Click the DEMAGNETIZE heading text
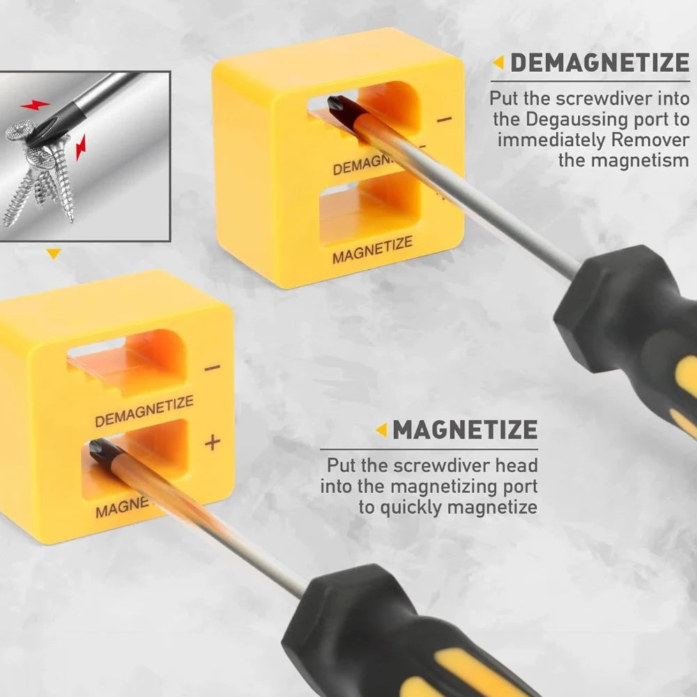point(599,63)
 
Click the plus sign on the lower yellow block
point(213,442)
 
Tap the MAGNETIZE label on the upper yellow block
point(372,250)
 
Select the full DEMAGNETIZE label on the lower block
point(144,411)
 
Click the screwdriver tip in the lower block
point(98,449)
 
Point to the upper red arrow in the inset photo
point(35,105)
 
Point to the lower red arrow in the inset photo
point(82,147)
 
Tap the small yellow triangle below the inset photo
point(54,254)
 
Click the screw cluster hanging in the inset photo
point(42,171)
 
